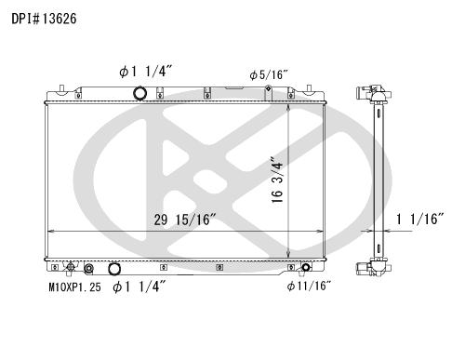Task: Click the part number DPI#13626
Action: coord(44,19)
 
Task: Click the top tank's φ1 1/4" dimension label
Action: coord(145,72)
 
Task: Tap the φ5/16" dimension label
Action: coord(269,74)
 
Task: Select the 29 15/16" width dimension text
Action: coord(185,220)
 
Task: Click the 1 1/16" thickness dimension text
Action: coord(420,220)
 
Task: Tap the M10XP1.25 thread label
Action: coord(74,287)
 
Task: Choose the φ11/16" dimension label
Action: coord(309,286)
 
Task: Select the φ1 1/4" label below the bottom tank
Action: coord(139,287)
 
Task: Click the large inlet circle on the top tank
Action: coord(139,93)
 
